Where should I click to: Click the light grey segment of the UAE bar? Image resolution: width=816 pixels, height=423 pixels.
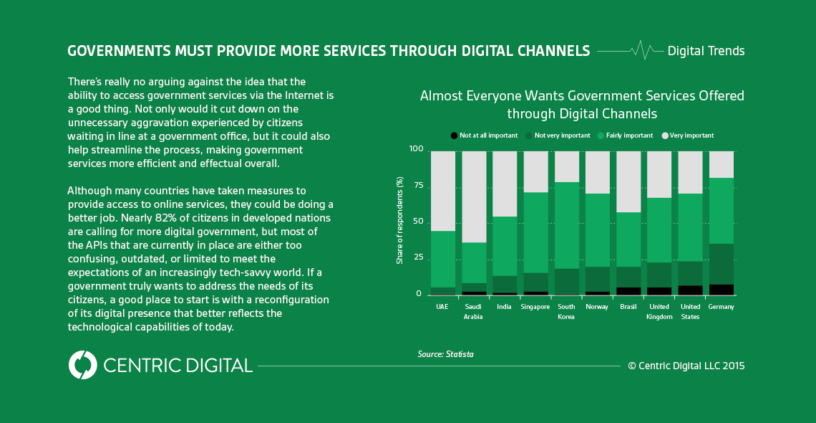442,190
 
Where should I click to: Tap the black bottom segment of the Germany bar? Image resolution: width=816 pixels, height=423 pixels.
721,289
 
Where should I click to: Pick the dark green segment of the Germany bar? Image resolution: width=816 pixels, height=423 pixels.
721,263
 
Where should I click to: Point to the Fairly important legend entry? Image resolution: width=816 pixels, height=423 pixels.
626,136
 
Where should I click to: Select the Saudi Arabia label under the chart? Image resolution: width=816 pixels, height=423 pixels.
473,311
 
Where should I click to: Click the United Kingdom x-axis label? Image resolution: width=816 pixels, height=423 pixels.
659,311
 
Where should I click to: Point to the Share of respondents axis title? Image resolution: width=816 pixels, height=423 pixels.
399,221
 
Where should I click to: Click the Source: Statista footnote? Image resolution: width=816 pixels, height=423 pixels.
445,354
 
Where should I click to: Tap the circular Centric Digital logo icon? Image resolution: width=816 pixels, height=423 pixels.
83,365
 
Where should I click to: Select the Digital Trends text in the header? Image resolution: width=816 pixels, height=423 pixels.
706,51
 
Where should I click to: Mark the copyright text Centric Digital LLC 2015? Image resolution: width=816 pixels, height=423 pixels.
686,366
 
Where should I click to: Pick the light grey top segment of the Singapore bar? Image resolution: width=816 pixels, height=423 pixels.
535,171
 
